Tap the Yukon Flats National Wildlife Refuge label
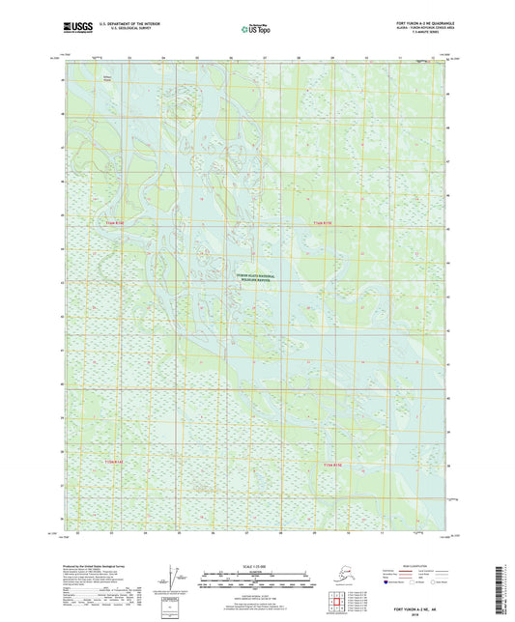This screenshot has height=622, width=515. pos(255,277)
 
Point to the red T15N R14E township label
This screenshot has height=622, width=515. pos(115,463)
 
